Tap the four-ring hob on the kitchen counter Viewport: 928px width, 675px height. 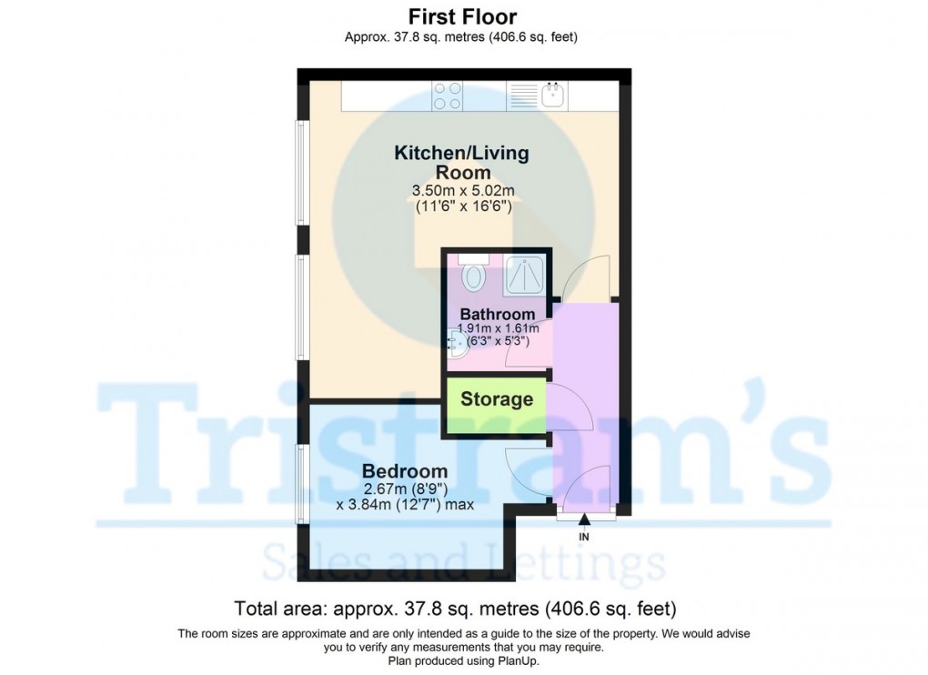coord(448,96)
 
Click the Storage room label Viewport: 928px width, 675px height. coord(497,399)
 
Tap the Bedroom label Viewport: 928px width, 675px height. coord(405,471)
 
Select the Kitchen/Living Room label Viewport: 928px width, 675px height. coord(461,162)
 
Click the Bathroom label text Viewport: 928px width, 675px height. coord(498,315)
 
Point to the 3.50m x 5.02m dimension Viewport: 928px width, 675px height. coord(464,191)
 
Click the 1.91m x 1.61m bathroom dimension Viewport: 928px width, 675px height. coord(498,329)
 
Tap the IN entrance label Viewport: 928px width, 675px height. coord(584,538)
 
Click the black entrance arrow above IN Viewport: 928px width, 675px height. coord(584,520)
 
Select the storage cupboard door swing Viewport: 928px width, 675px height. coord(571,407)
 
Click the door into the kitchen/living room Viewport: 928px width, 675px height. coord(585,277)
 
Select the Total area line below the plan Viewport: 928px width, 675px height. coord(455,608)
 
